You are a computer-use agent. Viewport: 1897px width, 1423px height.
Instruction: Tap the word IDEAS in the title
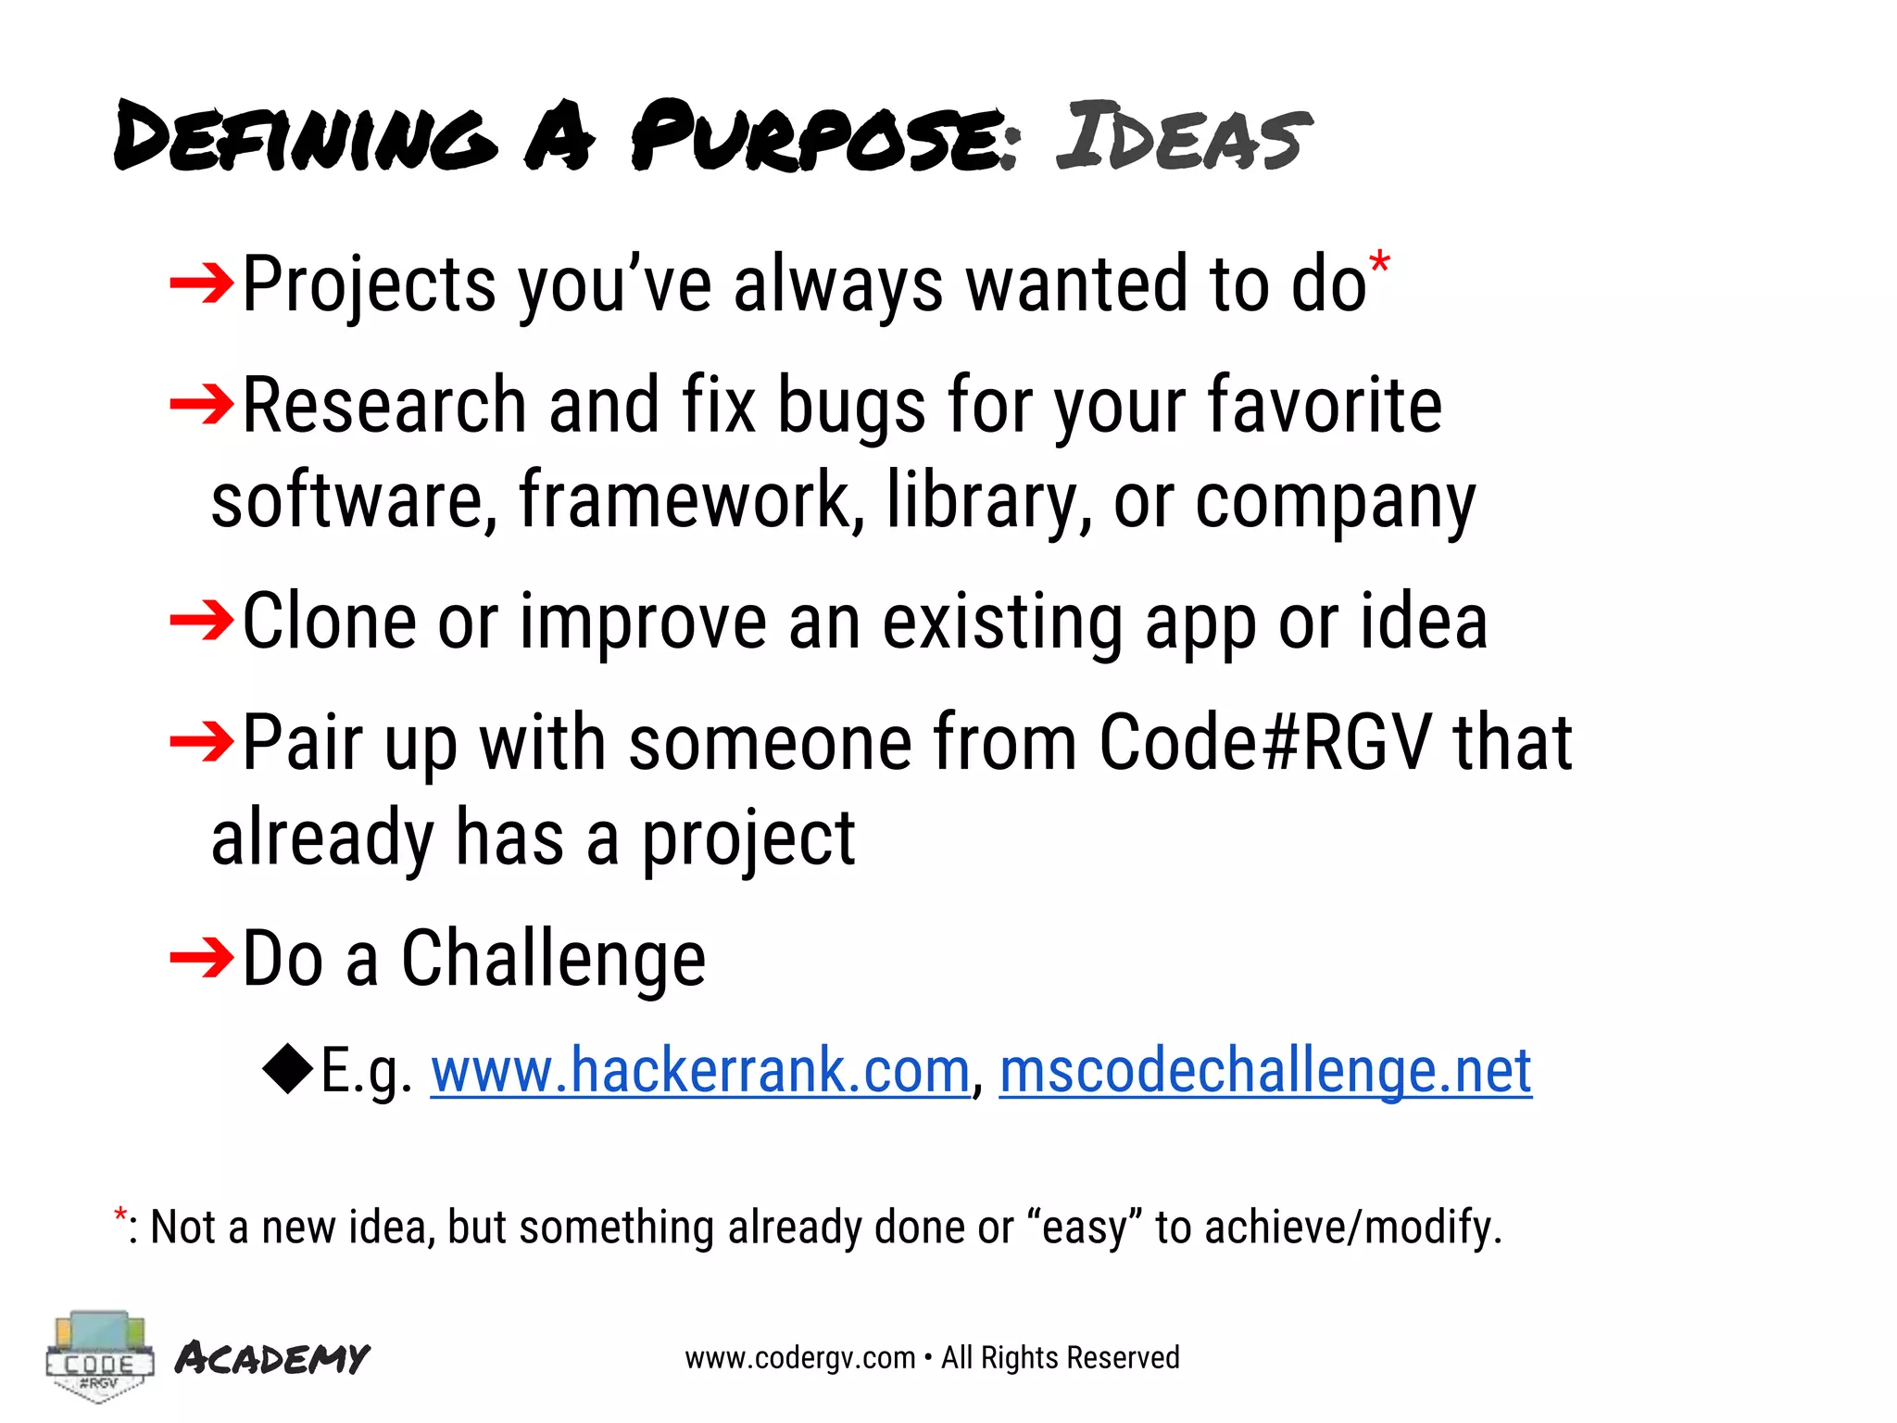(1183, 136)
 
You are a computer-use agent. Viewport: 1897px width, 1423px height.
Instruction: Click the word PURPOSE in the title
(824, 136)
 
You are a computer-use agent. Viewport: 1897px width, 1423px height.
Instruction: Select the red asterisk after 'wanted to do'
(1379, 263)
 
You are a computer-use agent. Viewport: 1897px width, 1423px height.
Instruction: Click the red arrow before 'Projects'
(202, 283)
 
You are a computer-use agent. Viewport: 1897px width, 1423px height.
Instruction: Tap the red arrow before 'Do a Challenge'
(202, 957)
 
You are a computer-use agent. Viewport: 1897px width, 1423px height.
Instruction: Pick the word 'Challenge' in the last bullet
(553, 959)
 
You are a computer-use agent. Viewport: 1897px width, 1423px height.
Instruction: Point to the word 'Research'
(384, 406)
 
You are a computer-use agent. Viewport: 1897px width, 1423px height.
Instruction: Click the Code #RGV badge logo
(99, 1356)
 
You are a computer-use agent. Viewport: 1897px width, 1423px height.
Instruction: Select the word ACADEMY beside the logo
(272, 1358)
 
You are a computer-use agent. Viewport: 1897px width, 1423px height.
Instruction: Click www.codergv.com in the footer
(799, 1358)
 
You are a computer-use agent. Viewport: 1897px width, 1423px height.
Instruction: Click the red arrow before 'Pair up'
(202, 741)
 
